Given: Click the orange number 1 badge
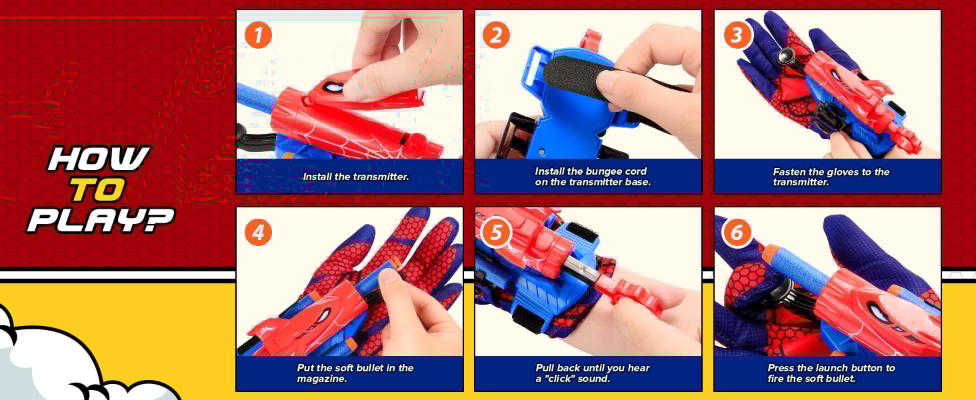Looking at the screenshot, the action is click(258, 35).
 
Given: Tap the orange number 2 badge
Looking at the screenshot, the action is click(496, 35).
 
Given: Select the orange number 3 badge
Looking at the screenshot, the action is click(737, 35).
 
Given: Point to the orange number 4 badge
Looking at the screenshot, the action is click(258, 232).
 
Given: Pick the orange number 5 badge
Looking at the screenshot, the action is click(496, 232).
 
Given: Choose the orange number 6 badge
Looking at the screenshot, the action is click(737, 232).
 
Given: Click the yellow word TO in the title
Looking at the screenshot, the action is click(97, 189).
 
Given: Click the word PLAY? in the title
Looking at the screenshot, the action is click(101, 220).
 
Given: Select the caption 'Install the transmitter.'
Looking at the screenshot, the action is click(356, 177).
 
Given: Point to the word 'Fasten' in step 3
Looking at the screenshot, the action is click(788, 172).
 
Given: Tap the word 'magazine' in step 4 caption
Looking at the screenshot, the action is click(320, 379).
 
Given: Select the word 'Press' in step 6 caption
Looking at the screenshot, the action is click(781, 368).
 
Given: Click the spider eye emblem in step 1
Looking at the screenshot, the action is click(333, 87).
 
